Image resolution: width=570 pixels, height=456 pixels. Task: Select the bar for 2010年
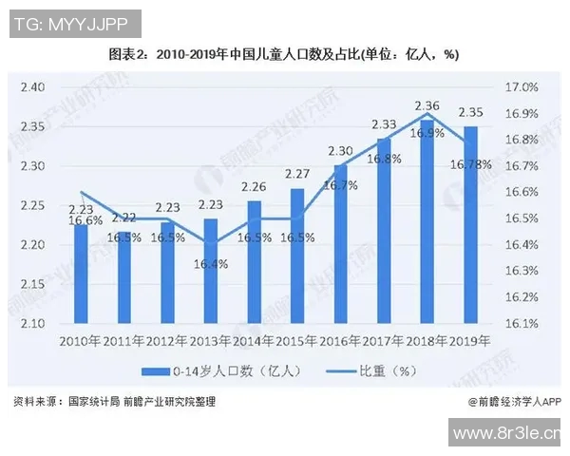click(81, 275)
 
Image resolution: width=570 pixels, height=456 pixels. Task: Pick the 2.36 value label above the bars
click(427, 105)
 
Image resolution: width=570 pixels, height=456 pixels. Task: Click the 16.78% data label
click(473, 164)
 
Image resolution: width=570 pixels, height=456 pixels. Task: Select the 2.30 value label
click(340, 150)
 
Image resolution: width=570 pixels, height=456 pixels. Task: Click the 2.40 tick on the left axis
click(33, 87)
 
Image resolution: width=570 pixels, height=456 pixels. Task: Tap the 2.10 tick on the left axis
click(33, 324)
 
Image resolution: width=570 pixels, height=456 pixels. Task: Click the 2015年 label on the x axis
click(297, 341)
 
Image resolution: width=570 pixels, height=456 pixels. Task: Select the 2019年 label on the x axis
click(469, 341)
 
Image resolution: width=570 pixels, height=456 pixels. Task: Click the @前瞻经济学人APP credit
click(514, 402)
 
